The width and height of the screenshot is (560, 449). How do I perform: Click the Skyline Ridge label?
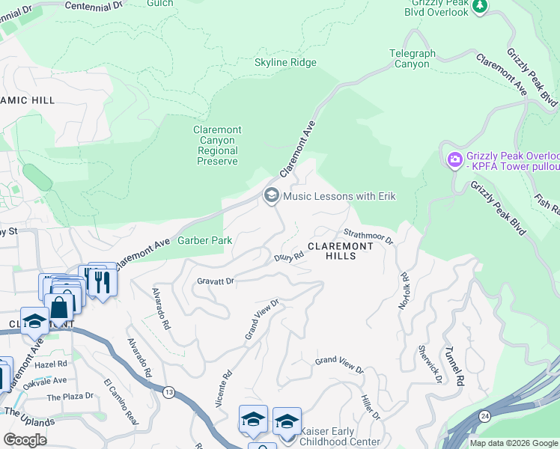tap(285, 63)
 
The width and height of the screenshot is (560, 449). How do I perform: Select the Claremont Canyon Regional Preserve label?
tap(216, 145)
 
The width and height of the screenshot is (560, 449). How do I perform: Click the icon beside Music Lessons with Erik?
tap(271, 196)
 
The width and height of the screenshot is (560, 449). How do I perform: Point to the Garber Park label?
tap(204, 241)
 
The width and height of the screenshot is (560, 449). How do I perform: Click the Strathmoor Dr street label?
tap(369, 237)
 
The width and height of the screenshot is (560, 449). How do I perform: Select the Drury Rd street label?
tap(288, 257)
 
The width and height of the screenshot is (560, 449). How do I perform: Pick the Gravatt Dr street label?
tap(216, 281)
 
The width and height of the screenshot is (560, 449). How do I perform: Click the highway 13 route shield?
tap(171, 392)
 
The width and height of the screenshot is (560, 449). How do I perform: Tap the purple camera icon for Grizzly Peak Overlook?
tap(454, 159)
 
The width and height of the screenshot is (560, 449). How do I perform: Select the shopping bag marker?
tap(58, 307)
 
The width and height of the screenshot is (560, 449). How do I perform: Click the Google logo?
tap(25, 440)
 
